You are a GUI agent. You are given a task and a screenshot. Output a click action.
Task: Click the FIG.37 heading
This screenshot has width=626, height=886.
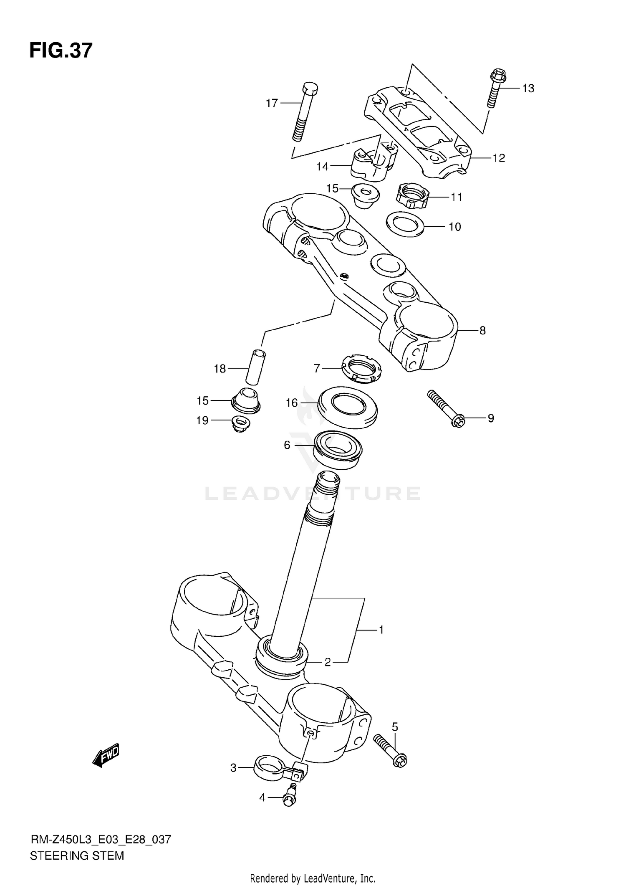point(61,51)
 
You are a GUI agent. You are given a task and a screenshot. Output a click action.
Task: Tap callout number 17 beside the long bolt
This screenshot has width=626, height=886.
point(272,103)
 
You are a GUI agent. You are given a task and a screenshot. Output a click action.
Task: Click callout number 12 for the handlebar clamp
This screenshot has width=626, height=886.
point(499,158)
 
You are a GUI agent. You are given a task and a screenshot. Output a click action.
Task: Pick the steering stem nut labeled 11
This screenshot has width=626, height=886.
point(412,196)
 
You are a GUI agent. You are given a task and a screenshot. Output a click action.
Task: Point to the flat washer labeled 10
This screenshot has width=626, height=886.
point(405,224)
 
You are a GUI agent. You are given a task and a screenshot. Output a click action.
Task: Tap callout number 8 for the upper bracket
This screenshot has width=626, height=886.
point(482,331)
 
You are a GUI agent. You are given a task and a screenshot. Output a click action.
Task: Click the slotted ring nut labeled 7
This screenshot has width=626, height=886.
point(361,367)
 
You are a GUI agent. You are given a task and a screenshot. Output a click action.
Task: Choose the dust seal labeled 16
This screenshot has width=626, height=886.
point(348,407)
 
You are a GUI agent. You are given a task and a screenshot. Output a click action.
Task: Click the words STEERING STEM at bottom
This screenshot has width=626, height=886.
point(77,856)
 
